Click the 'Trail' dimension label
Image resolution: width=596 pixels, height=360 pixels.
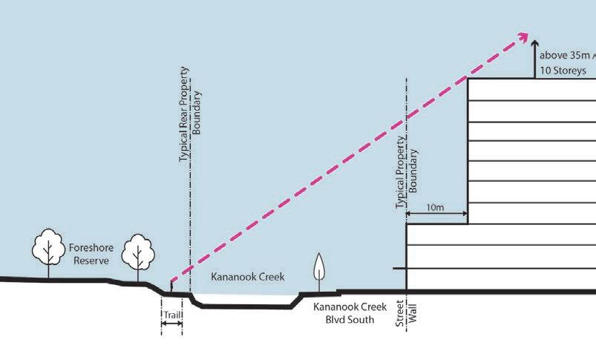[171, 315]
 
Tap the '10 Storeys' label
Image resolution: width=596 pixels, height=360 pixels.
[563, 71]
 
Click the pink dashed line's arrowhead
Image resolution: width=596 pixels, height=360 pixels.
[524, 36]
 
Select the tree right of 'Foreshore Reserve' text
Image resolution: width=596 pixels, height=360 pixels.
[137, 252]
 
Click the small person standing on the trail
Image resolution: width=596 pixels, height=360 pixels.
[171, 285]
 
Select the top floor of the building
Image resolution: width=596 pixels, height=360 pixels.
[531, 89]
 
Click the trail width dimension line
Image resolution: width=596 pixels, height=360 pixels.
[171, 324]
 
